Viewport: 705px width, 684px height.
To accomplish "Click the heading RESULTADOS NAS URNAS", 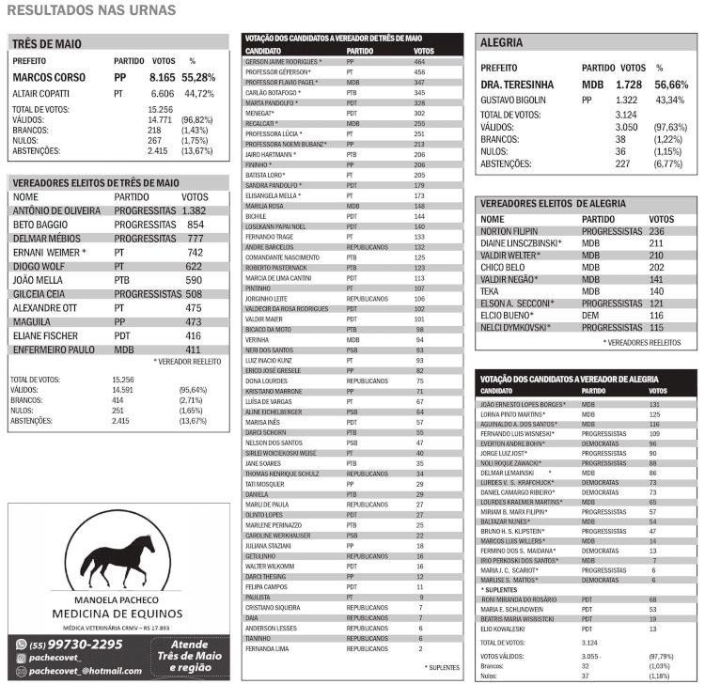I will coord(92,10).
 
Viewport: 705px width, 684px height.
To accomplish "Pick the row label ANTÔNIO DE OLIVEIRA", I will coord(55,211).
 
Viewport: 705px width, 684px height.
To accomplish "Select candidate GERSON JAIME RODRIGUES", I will coord(283,61).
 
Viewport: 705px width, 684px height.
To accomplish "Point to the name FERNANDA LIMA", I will coord(267,649).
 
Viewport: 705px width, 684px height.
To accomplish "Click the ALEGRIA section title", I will coord(501,43).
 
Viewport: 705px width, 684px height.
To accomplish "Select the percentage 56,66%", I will coord(671,85).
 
